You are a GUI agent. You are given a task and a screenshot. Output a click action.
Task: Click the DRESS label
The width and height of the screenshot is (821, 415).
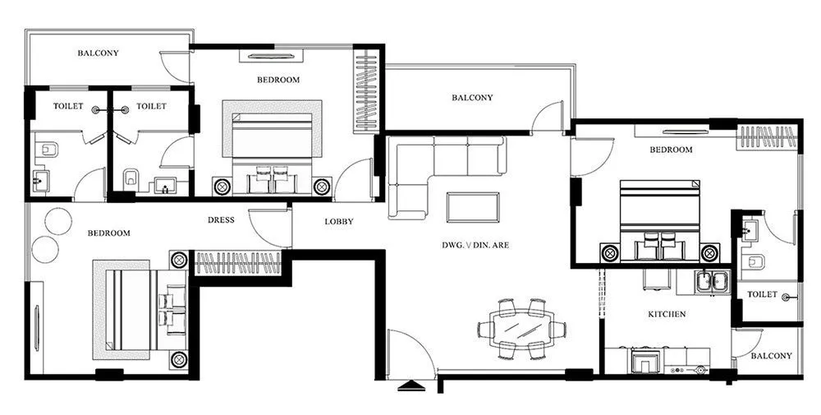click(221, 220)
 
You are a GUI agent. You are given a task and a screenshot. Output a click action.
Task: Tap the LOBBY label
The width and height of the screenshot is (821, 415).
click(339, 222)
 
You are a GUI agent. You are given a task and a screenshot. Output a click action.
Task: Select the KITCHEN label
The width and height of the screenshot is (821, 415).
click(667, 315)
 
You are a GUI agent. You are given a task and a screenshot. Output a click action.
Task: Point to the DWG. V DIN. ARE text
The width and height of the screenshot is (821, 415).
click(475, 245)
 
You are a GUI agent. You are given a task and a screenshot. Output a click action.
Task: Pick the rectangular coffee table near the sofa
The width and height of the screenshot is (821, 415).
click(472, 205)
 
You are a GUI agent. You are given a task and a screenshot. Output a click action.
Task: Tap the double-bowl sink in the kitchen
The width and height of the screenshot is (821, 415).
click(711, 282)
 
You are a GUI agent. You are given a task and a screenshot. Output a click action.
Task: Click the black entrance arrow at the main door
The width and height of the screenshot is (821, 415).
click(410, 385)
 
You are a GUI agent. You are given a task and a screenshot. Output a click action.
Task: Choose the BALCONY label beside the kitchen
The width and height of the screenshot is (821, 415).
click(772, 356)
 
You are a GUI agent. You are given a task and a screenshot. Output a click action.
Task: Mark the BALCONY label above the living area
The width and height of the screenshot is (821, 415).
click(472, 98)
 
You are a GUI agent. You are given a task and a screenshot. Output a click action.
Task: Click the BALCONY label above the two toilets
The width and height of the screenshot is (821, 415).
click(98, 53)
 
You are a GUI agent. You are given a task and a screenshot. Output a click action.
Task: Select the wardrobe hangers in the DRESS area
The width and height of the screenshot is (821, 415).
click(238, 264)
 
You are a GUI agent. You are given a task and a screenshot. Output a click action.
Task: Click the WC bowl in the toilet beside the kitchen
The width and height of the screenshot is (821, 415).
click(754, 262)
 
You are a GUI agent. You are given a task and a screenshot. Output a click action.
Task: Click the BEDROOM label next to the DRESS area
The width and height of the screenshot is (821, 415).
click(108, 233)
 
